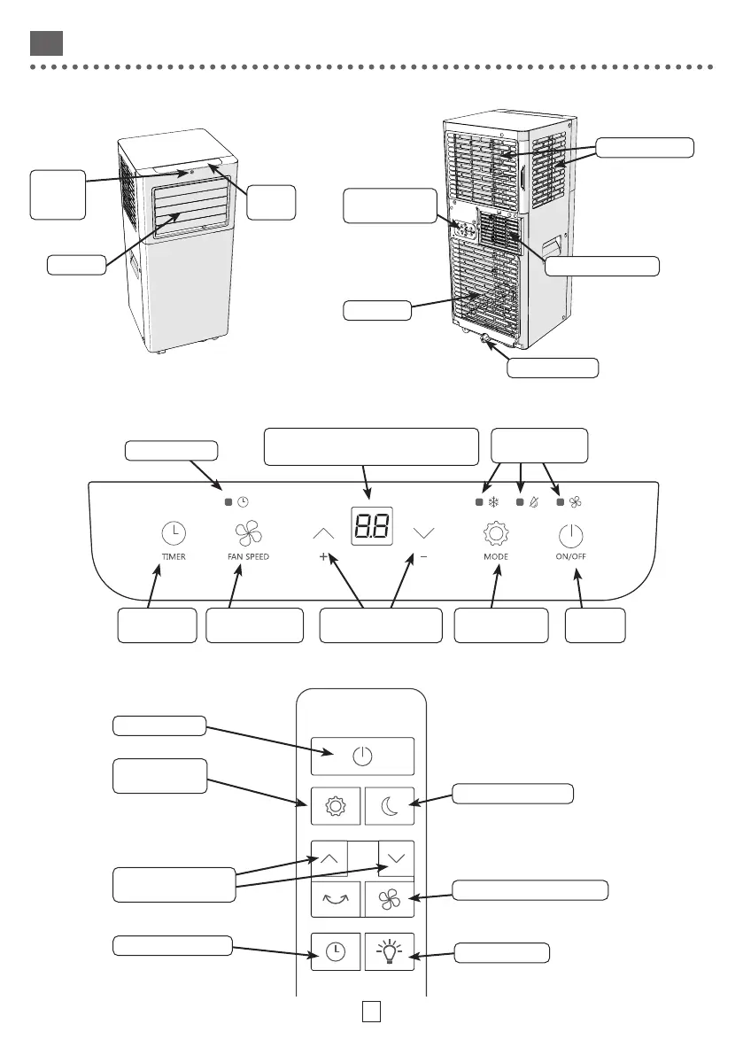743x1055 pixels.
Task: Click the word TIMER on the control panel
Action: pyautogui.click(x=174, y=557)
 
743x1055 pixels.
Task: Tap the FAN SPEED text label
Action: pyautogui.click(x=243, y=557)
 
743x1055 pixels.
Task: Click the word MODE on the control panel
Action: pyautogui.click(x=496, y=557)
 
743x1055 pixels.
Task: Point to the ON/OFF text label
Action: pyautogui.click(x=573, y=557)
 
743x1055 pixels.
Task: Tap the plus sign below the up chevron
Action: pyautogui.click(x=323, y=557)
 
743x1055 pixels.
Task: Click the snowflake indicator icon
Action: pyautogui.click(x=493, y=502)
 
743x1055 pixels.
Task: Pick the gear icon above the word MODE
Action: pyautogui.click(x=496, y=533)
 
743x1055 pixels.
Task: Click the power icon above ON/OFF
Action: pyautogui.click(x=573, y=534)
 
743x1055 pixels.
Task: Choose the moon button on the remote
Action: pyautogui.click(x=390, y=806)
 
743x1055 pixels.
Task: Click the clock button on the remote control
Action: pyautogui.click(x=336, y=951)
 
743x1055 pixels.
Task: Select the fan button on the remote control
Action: pyautogui.click(x=390, y=899)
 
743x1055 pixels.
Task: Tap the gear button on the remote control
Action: pyautogui.click(x=336, y=806)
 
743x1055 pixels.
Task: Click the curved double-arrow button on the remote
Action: pyautogui.click(x=336, y=899)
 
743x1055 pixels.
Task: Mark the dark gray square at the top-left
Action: pyautogui.click(x=44, y=43)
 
